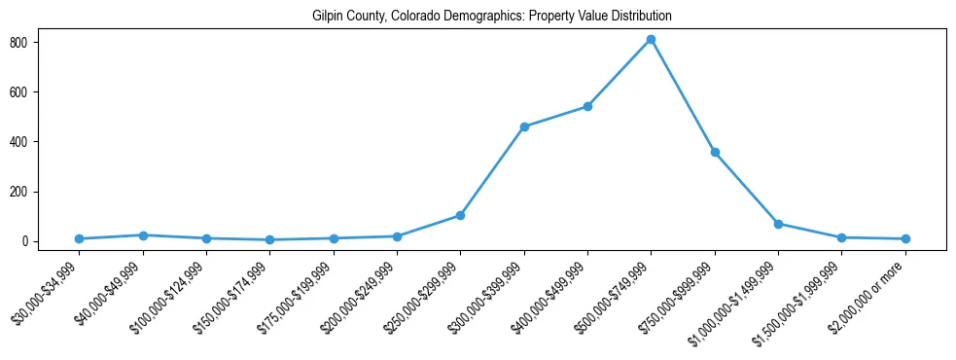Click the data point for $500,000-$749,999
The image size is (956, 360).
click(651, 40)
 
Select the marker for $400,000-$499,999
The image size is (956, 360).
click(587, 106)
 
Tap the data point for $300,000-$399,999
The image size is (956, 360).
click(524, 126)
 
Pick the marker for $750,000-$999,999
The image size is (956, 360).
click(715, 152)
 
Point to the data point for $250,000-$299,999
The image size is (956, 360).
click(460, 215)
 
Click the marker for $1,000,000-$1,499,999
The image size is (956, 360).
click(778, 224)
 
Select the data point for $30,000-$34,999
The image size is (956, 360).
click(79, 238)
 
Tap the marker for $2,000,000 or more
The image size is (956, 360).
click(905, 238)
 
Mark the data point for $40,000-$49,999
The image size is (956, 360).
click(143, 234)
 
